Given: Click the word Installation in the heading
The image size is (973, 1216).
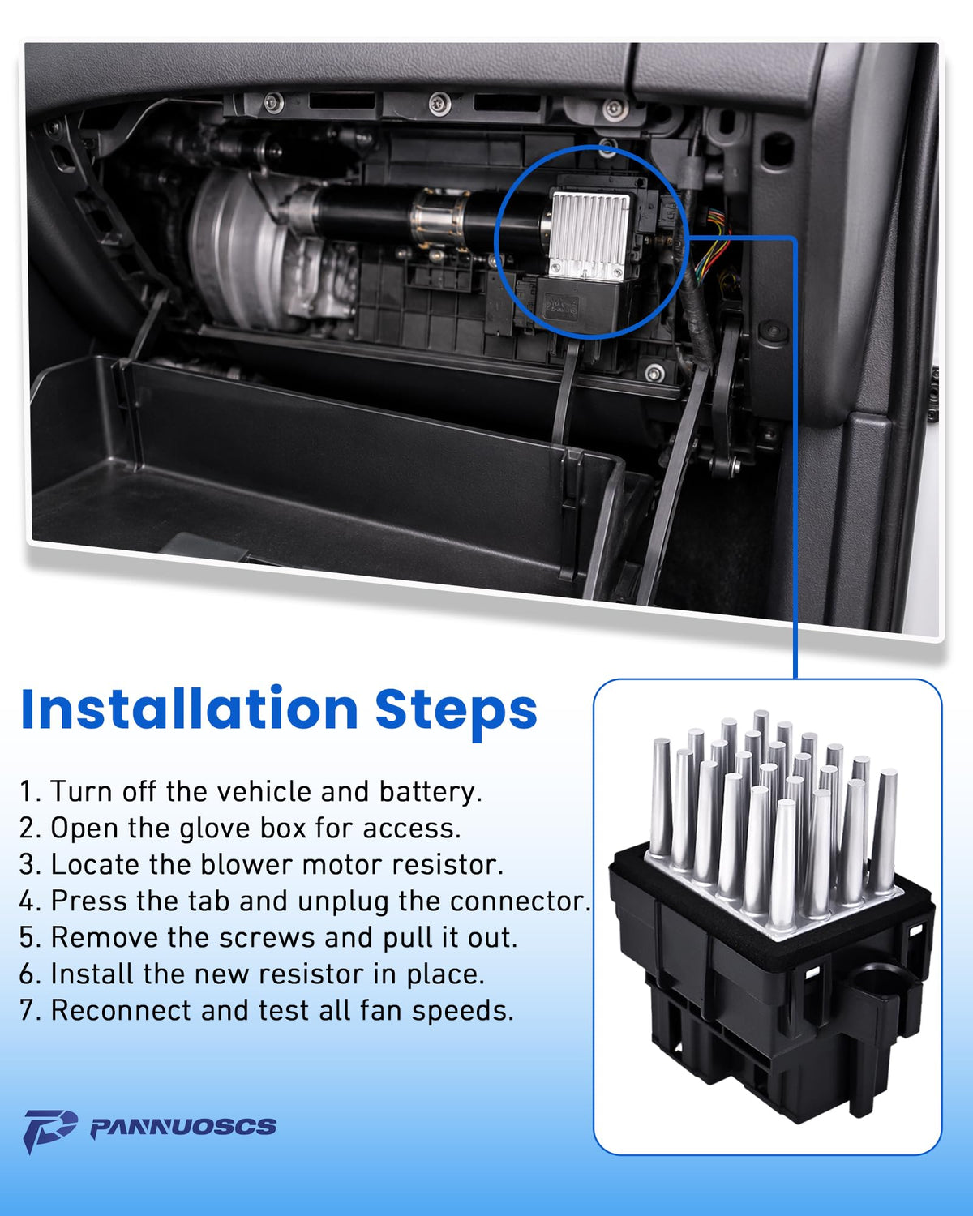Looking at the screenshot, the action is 189,709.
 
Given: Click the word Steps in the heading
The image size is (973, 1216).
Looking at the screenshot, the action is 456,713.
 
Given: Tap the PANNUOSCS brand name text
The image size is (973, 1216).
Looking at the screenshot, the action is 183,1126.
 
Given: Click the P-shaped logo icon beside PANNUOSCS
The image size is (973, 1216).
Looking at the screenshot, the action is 49,1130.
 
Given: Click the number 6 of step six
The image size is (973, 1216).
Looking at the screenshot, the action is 27,974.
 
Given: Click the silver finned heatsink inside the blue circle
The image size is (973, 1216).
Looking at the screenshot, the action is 589,235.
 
